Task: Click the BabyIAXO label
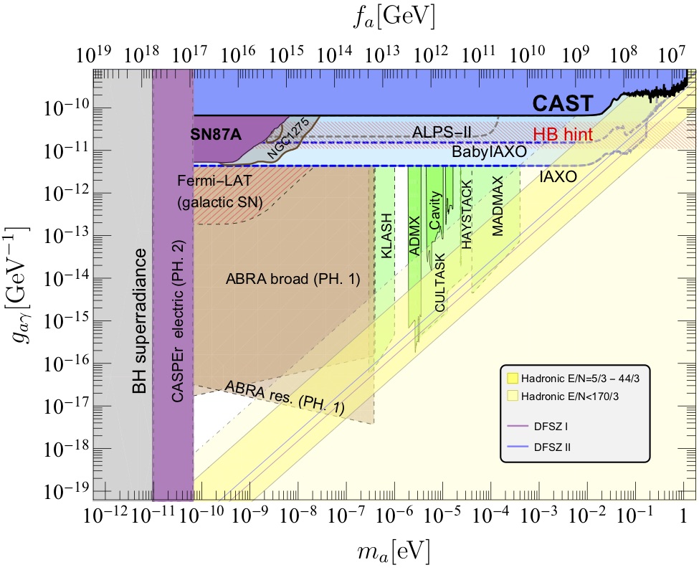tap(485, 153)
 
